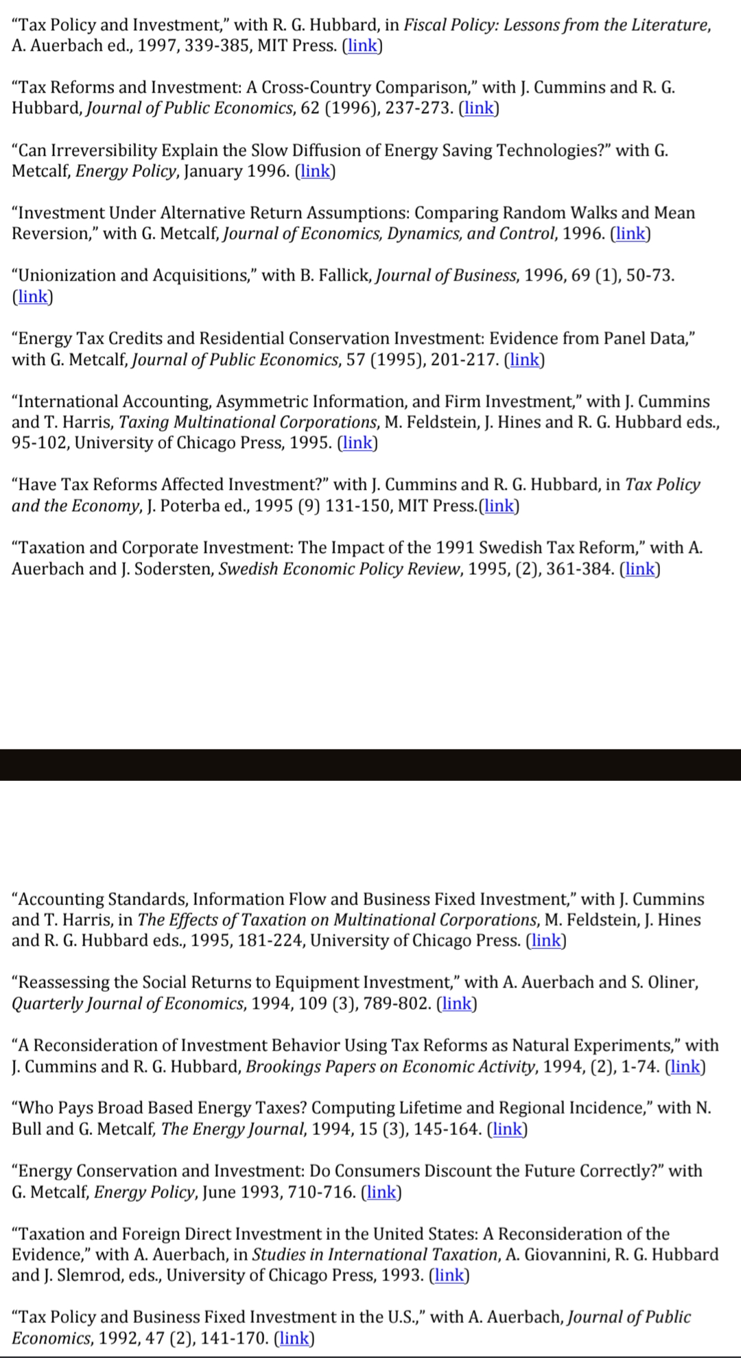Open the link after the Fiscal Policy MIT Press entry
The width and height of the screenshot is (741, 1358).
click(362, 46)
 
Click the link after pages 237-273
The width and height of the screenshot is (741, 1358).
click(478, 108)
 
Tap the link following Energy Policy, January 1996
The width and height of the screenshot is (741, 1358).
click(315, 171)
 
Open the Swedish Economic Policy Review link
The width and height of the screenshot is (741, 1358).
click(639, 569)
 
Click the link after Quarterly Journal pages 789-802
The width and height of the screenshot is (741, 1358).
click(456, 1003)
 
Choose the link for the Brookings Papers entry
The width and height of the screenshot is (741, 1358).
click(685, 1066)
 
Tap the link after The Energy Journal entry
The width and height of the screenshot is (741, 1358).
click(507, 1129)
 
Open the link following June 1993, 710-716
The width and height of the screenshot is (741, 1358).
click(381, 1192)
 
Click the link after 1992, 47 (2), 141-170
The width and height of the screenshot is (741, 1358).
click(294, 1338)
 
